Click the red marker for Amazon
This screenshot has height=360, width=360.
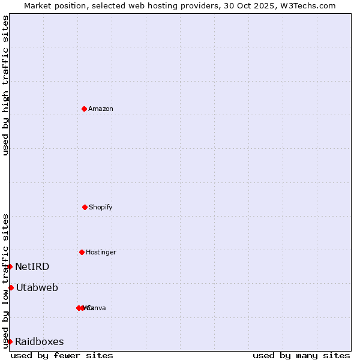tap(85, 109)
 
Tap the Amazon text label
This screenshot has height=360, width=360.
tap(101, 109)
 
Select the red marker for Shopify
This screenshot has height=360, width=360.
tap(85, 207)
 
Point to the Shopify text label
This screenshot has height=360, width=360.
tap(101, 207)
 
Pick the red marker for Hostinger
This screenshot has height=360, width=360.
tap(82, 252)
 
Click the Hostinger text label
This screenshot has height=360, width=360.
tap(101, 252)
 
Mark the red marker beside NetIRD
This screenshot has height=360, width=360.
tap(10, 266)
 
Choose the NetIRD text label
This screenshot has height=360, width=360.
tap(32, 266)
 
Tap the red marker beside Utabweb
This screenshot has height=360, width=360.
tap(11, 287)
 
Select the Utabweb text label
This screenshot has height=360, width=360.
tap(37, 287)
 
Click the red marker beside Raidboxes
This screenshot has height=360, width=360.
tap(10, 341)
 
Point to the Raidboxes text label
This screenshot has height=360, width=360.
tap(40, 341)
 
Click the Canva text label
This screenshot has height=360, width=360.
tap(97, 308)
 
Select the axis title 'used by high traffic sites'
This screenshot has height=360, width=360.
tap(5, 85)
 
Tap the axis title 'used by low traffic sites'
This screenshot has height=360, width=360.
tap(5, 280)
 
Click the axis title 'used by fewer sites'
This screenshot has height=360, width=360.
tap(62, 355)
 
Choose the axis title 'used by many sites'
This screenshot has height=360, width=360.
tap(301, 355)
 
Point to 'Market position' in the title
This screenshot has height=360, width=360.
tap(52, 5)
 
